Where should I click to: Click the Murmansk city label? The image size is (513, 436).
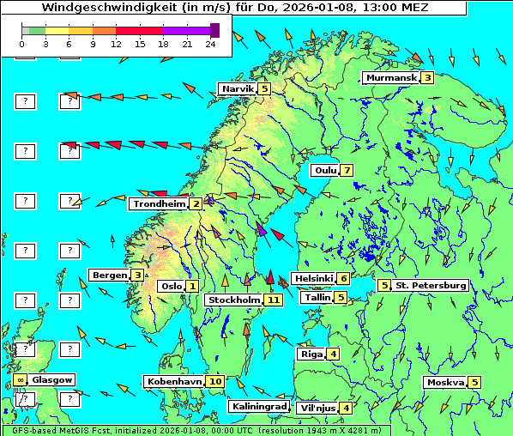(391, 78)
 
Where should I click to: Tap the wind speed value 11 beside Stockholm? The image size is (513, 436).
(274, 300)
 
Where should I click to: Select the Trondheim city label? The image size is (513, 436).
(159, 204)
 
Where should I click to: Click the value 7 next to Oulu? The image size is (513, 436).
(346, 170)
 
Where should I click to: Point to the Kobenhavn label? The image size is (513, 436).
(174, 381)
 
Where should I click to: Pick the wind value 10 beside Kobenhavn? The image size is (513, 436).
(215, 381)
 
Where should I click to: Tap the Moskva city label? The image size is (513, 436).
(445, 383)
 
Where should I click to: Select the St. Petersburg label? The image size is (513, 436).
(430, 285)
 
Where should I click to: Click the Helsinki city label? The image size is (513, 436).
(313, 278)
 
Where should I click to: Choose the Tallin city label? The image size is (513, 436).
(317, 297)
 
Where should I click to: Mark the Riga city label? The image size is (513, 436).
(310, 354)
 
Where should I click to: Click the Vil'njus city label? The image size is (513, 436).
(317, 408)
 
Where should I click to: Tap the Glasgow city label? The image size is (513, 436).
(53, 379)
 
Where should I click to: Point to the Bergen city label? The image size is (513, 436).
(109, 275)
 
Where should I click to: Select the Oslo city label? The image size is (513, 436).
(171, 287)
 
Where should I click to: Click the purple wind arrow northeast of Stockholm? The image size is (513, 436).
(262, 229)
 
